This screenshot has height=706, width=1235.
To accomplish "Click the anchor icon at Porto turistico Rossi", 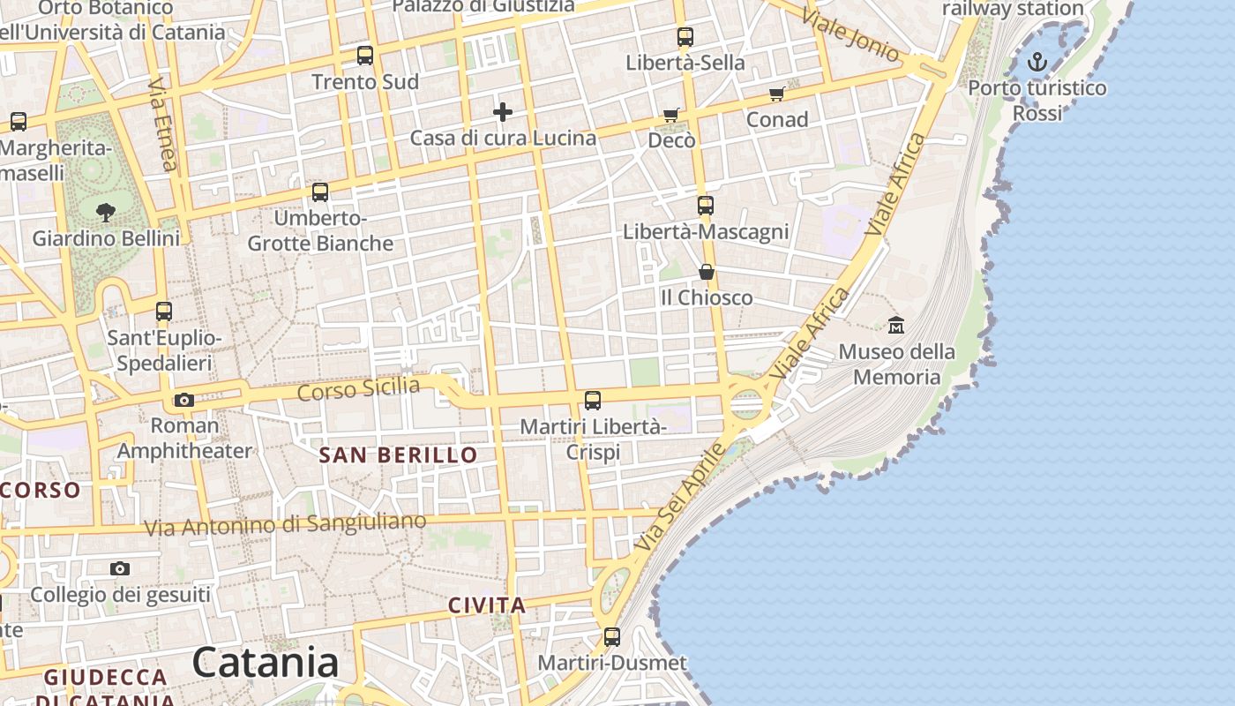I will [x=1038, y=62].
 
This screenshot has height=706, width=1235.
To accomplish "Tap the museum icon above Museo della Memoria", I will [x=896, y=325].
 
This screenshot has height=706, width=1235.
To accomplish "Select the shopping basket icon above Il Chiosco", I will [x=707, y=271].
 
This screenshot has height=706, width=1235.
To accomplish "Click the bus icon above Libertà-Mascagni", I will [x=706, y=206].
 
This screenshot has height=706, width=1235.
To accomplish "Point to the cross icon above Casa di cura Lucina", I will [x=503, y=112].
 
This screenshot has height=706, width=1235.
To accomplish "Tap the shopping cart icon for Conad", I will [x=776, y=94].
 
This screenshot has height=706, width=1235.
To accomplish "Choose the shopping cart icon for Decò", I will [x=671, y=116].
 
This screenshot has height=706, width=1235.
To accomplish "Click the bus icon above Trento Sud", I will [x=365, y=56].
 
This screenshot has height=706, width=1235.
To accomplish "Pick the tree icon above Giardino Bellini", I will [x=106, y=212].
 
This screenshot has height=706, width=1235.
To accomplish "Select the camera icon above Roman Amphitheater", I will [x=184, y=400].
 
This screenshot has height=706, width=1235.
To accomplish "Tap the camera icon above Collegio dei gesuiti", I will [x=120, y=568].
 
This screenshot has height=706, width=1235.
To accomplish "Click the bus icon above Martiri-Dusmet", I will [x=612, y=636].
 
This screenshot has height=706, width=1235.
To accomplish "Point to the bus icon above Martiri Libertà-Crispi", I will [x=593, y=401].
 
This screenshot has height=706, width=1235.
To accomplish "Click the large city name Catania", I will [x=265, y=663].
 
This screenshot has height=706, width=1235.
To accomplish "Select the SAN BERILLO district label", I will [x=398, y=455].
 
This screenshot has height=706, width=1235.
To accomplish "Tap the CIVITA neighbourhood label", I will [x=487, y=605].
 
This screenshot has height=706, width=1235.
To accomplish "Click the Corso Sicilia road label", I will [x=358, y=388].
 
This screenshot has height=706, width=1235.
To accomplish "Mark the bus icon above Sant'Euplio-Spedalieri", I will [x=164, y=312].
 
